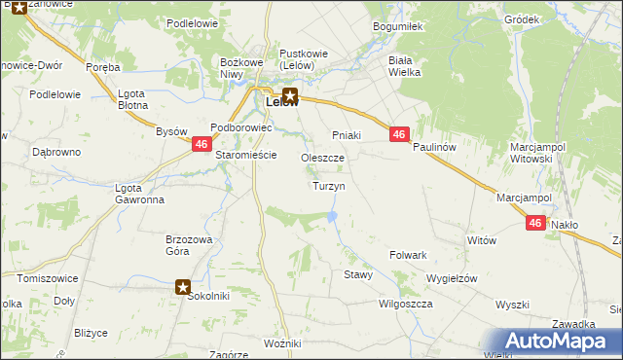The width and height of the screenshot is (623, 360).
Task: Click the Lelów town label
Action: [277, 102]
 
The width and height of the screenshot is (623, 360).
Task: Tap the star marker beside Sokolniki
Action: [183, 286]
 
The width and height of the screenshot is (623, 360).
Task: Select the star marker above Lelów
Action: [292, 95]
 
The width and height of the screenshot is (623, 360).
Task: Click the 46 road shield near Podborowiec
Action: [201, 144]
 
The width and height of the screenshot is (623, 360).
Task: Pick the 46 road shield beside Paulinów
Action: [399, 135]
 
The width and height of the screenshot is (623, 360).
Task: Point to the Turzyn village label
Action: [328, 186]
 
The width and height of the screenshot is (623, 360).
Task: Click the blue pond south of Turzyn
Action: [334, 216]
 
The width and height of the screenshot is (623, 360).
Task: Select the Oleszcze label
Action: [323, 158]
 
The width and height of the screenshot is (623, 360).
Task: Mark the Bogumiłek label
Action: [398, 27]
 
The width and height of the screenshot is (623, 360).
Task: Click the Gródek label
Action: [522, 19]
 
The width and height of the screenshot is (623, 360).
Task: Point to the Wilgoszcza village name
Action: [405, 304]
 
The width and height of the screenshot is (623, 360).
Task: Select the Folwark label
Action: [409, 255]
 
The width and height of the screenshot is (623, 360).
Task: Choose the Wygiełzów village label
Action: [452, 278]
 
